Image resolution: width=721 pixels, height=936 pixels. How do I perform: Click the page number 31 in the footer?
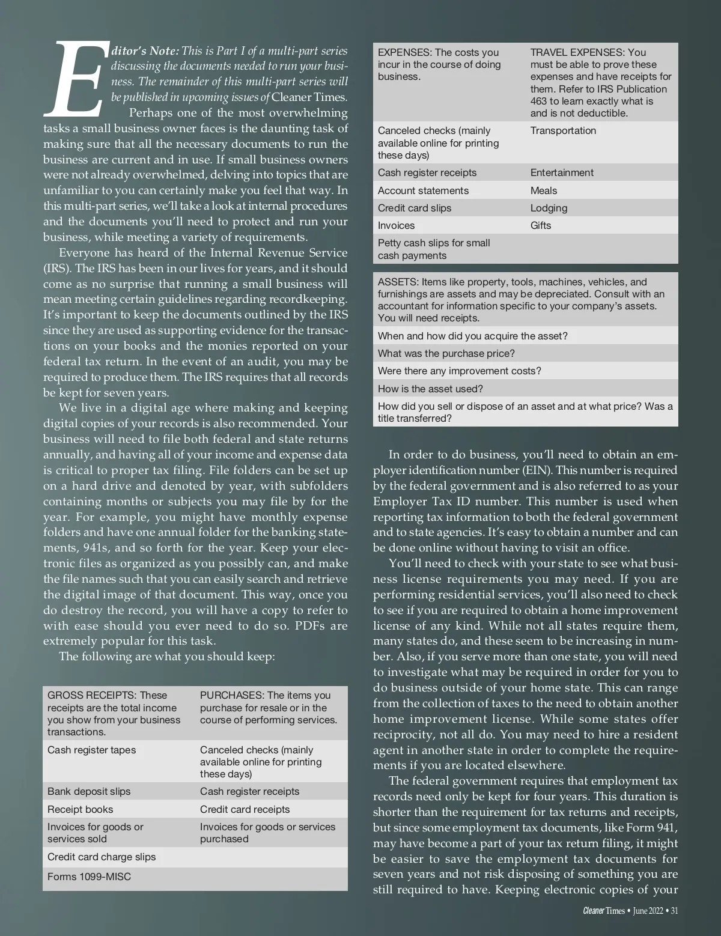point(675,911)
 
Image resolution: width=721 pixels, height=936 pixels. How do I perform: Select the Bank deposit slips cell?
point(89,791)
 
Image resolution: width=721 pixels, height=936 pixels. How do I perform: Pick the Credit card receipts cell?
point(245,809)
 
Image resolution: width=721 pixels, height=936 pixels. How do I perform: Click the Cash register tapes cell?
point(91,750)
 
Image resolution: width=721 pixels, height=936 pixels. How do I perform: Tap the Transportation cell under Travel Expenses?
point(563,130)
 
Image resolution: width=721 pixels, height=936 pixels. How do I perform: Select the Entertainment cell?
point(562,172)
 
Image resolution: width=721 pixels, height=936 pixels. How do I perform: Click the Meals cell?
point(544,190)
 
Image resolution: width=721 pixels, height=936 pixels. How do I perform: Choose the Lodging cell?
point(549,208)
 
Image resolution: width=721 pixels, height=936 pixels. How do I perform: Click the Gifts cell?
point(541,225)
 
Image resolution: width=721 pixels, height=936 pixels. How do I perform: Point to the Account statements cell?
point(423,190)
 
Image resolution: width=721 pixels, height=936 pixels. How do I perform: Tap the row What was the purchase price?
point(446,353)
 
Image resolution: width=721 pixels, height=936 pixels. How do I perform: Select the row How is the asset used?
point(430,389)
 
